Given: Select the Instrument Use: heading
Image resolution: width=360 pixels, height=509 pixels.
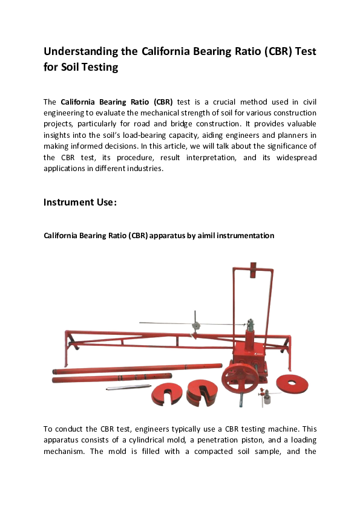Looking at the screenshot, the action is coord(80,202).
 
